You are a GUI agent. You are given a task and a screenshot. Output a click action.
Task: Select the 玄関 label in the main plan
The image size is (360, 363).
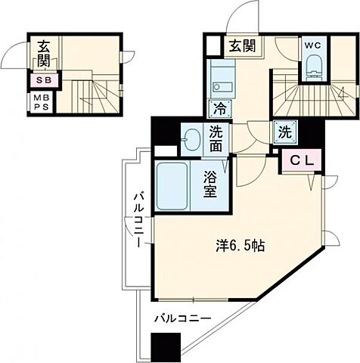pyautogui.click(x=241, y=46)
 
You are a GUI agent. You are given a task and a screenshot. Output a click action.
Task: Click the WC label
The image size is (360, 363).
pyautogui.click(x=314, y=44)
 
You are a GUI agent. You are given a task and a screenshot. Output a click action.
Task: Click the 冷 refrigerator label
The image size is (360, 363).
pyautogui.click(x=220, y=107)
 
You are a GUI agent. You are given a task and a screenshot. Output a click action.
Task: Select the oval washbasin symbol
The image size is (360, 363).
pyautogui.click(x=191, y=140)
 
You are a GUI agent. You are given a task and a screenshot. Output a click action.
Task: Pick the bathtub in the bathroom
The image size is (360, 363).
pyautogui.click(x=172, y=185)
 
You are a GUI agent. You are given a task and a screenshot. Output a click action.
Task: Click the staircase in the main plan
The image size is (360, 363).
pyautogui.click(x=314, y=98)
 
